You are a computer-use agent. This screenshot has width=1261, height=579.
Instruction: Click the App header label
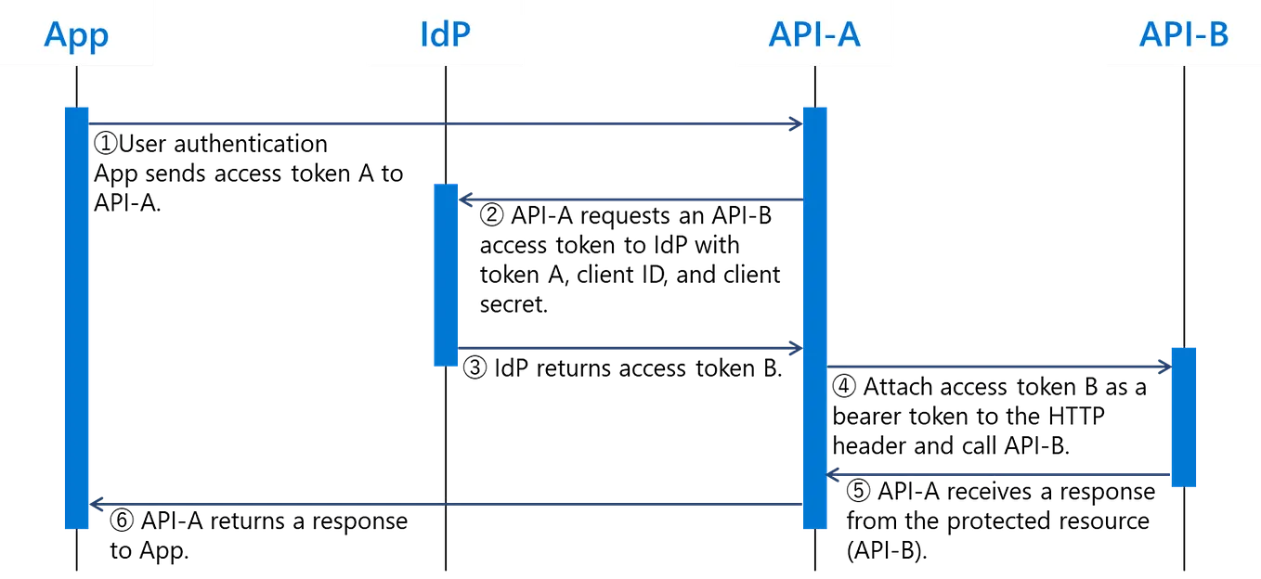coord(76,35)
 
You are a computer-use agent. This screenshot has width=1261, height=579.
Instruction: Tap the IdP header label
coord(445,34)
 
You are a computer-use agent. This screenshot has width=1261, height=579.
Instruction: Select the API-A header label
coord(814,35)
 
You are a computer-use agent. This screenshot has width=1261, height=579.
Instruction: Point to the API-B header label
coord(1183,35)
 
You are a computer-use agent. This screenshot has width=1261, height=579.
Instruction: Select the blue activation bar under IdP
coord(446,275)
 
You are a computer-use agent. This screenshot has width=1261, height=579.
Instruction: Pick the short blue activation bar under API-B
coord(1183,415)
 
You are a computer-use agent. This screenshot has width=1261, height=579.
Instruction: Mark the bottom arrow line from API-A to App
coord(446,504)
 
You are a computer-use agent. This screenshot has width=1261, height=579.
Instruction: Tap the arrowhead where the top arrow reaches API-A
coord(793,123)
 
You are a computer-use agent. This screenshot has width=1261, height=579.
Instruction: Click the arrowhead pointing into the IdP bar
coord(467,199)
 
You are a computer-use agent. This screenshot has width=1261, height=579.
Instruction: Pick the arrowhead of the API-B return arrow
coord(834,476)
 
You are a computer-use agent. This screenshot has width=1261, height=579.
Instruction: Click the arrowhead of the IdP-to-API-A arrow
coord(793,349)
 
